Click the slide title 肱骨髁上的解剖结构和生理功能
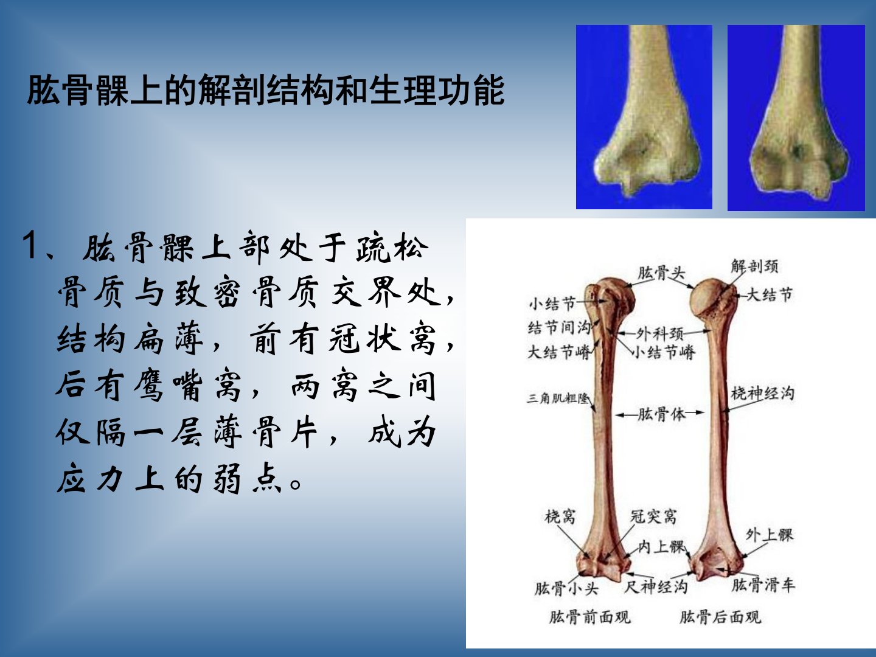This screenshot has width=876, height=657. (266, 90)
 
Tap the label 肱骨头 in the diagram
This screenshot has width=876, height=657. (661, 273)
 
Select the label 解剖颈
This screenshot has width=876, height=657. (755, 266)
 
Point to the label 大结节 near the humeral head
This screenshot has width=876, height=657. (769, 295)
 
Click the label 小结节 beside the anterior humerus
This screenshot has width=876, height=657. (552, 304)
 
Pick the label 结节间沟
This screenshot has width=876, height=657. (559, 328)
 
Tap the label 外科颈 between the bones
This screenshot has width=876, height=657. (659, 333)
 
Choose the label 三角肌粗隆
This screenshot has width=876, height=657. (557, 398)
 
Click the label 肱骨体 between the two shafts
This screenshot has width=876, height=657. (661, 414)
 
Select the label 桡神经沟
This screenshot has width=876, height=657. (763, 394)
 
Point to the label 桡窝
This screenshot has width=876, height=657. (560, 516)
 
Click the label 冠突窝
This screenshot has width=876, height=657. (653, 516)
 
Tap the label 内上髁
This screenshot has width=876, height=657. (662, 547)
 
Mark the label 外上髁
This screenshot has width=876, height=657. (770, 535)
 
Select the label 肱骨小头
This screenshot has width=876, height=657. (566, 588)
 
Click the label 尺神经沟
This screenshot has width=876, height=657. (656, 586)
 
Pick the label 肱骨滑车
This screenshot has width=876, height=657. (763, 585)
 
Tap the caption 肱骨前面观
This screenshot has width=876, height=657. (590, 617)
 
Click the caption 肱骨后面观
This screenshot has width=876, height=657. (720, 617)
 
